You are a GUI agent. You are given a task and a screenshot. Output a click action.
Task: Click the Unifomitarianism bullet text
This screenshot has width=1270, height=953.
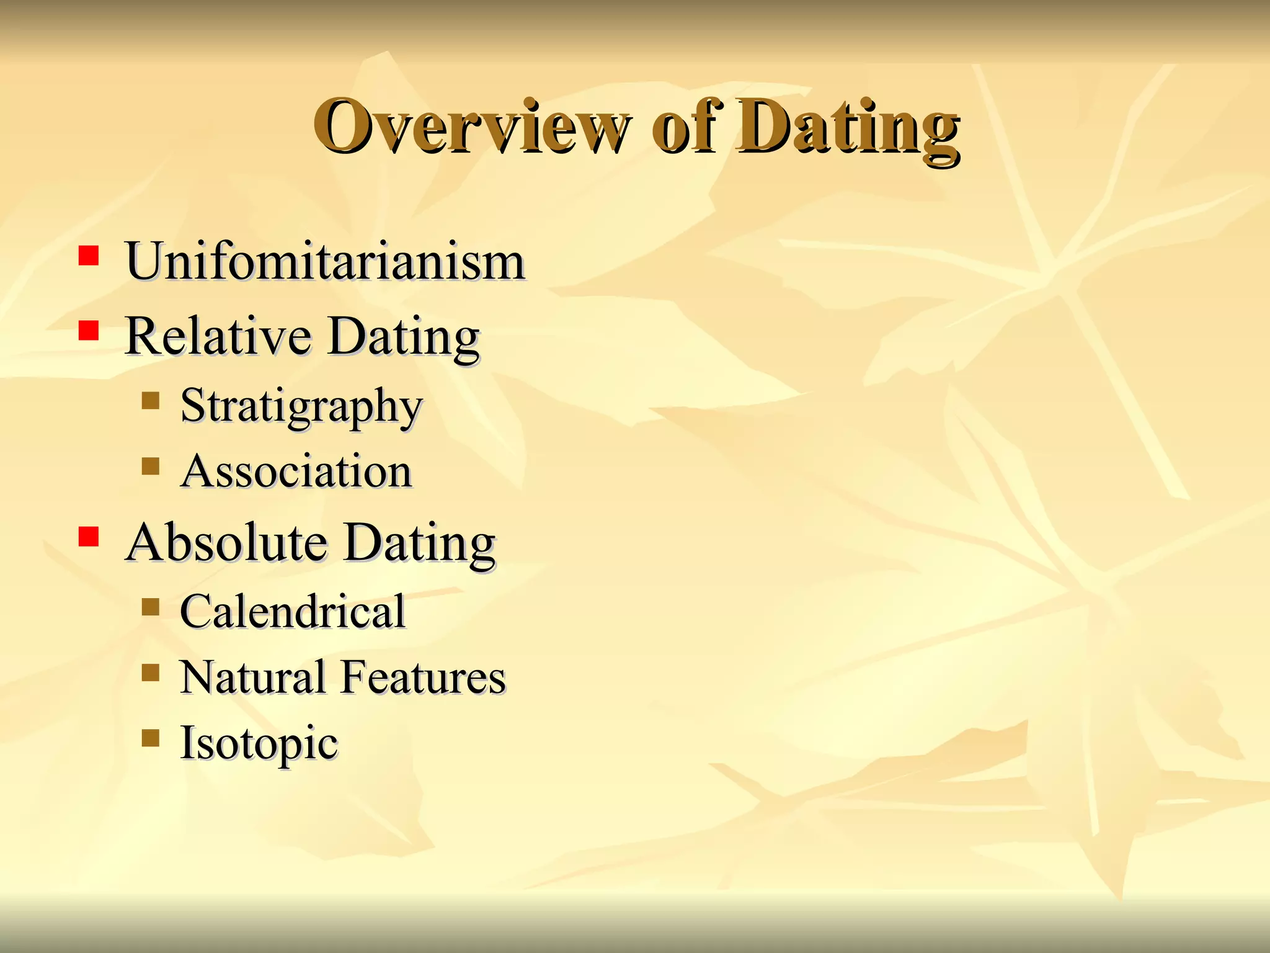tap(325, 261)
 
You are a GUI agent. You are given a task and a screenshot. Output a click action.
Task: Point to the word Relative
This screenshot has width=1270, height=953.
tap(218, 336)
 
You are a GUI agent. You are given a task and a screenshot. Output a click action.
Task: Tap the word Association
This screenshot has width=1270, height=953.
tap(296, 472)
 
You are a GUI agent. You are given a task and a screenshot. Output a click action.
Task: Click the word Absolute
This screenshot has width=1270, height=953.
tap(226, 542)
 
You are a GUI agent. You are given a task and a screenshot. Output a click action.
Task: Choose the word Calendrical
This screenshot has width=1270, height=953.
tap(293, 612)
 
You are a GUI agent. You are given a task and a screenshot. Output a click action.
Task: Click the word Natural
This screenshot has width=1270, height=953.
tap(253, 677)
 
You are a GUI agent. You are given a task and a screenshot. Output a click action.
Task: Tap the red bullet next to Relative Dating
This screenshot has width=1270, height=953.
tap(89, 331)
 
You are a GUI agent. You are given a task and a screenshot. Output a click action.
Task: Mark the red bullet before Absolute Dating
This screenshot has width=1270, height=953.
tap(89, 536)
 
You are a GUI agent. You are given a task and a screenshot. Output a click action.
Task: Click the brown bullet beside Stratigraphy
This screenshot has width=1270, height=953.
tap(150, 401)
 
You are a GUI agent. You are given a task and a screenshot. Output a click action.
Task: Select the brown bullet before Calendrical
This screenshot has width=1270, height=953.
tap(150, 606)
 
